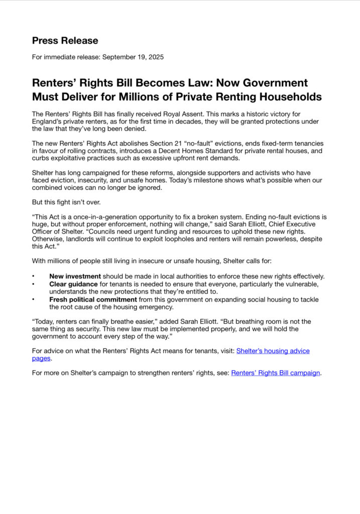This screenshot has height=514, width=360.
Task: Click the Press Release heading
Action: (65, 41)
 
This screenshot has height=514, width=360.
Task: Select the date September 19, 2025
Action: (133, 57)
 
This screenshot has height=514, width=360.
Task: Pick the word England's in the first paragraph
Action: (48, 121)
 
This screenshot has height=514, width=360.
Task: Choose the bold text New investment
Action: (75, 276)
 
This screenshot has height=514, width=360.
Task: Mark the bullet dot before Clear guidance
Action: (34, 284)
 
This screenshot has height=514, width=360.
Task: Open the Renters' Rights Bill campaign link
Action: (276, 373)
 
